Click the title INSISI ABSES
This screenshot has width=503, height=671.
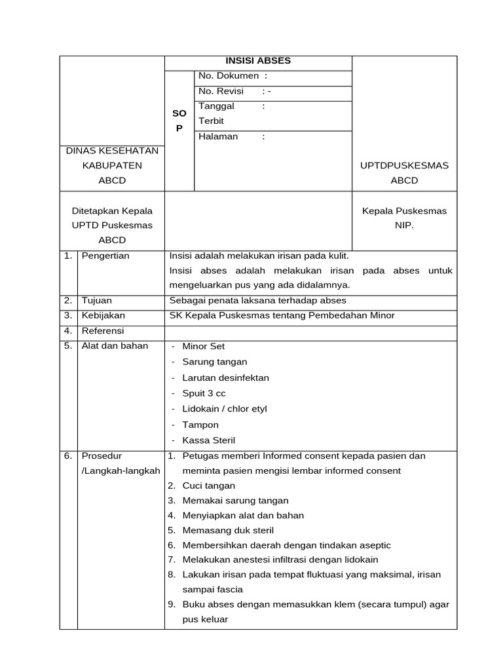(x=257, y=61)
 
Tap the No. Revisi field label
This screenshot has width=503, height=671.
(x=221, y=92)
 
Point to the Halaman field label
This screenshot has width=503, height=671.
(x=218, y=137)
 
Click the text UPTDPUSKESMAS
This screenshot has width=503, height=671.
(x=404, y=166)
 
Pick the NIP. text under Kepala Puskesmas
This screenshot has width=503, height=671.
(x=404, y=225)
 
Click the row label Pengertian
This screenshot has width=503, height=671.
(x=105, y=256)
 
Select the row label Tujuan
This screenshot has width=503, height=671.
(x=96, y=301)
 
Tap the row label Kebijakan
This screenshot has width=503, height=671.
(x=103, y=316)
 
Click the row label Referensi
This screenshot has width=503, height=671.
(x=103, y=331)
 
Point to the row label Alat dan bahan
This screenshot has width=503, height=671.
(x=115, y=346)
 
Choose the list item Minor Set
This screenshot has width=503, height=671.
(x=203, y=347)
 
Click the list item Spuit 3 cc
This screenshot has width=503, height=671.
(x=204, y=394)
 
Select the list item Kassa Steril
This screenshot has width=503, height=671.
(x=208, y=441)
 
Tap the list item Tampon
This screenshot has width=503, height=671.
(x=200, y=425)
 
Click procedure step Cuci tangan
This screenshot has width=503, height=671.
(x=208, y=486)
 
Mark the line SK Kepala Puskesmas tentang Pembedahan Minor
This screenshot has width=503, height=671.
(x=282, y=316)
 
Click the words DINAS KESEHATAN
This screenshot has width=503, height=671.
(x=112, y=151)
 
